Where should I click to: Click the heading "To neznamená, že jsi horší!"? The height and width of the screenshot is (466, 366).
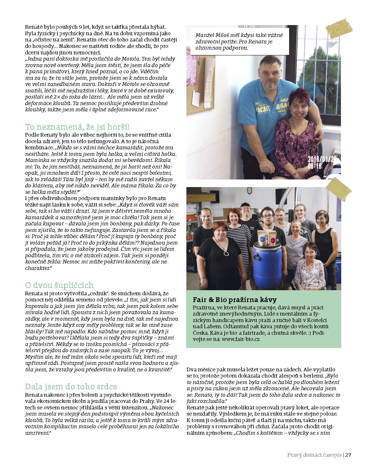[77, 127]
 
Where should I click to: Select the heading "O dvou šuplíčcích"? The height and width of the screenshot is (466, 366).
[59, 285]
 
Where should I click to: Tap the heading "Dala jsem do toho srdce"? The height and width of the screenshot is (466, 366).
[71, 386]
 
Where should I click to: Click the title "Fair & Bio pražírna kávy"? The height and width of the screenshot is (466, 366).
[235, 299]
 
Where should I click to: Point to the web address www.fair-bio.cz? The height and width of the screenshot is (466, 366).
[240, 339]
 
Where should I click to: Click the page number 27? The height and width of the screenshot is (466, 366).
[348, 455]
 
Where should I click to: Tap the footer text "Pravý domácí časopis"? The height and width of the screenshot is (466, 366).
[314, 455]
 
